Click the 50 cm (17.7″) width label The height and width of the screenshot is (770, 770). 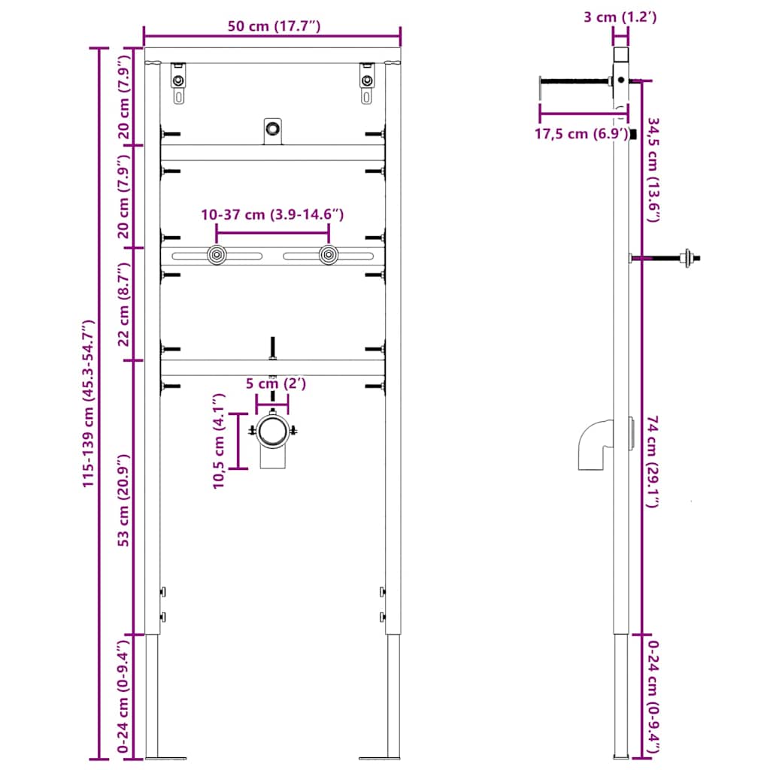click(x=274, y=27)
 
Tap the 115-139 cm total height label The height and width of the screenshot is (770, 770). click(x=89, y=404)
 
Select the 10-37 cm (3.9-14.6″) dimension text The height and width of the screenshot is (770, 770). click(x=272, y=215)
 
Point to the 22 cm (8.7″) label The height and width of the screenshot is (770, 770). click(x=125, y=304)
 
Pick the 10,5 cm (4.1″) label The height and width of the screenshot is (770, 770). click(x=218, y=441)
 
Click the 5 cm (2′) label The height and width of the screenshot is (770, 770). click(x=276, y=384)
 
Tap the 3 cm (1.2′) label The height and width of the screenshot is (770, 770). click(x=620, y=17)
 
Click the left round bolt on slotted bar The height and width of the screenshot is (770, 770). click(x=217, y=256)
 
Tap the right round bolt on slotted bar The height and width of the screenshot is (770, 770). click(x=327, y=256)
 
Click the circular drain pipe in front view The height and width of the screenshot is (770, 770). click(x=272, y=432)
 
